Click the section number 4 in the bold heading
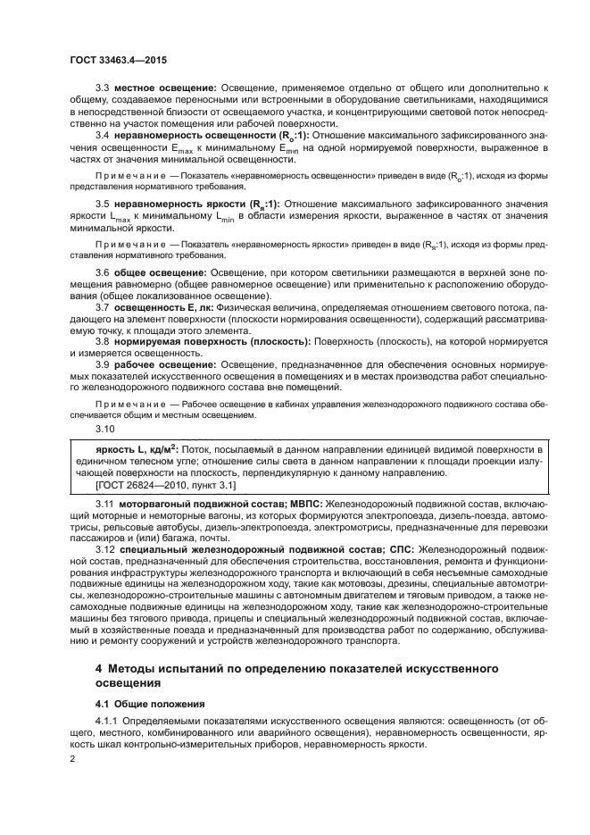click(x=99, y=668)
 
